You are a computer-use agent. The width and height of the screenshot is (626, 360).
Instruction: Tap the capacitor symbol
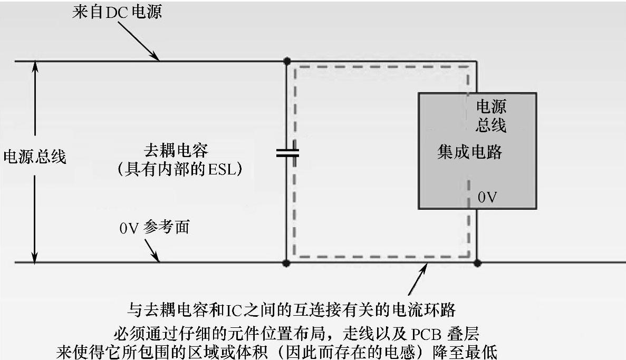287,153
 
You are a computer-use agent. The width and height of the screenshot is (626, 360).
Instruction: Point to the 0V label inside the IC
486,197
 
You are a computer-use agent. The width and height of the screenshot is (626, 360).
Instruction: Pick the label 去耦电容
176,150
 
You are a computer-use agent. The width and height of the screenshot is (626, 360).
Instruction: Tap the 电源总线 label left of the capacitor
35,157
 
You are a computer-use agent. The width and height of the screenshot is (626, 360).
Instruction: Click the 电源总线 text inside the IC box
491,116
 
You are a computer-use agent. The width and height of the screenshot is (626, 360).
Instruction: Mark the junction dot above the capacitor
287,61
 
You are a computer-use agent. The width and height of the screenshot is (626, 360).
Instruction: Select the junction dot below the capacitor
287,262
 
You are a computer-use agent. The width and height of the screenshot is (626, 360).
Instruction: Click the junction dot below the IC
477,262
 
